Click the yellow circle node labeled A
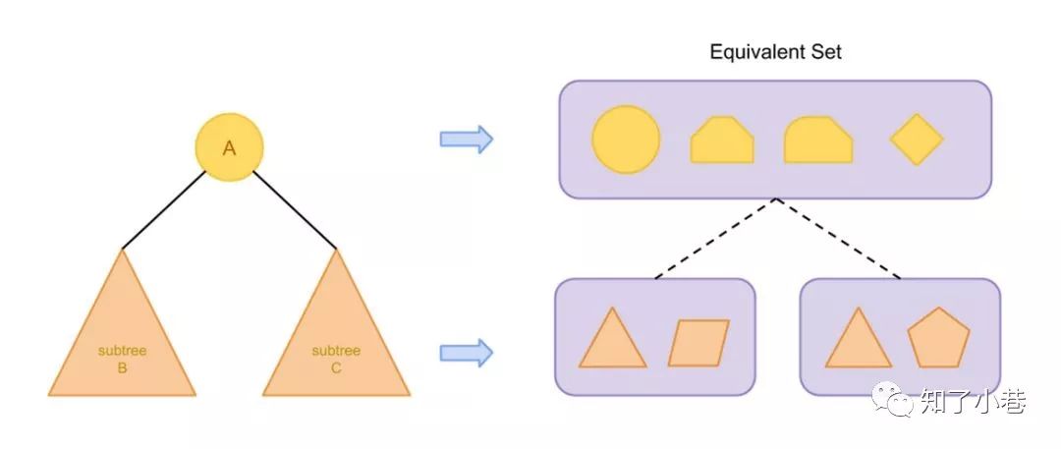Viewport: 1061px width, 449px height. click(229, 148)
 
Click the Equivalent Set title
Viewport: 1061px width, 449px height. click(775, 52)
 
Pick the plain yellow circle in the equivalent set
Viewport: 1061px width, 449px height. click(626, 140)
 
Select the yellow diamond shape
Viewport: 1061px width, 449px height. click(917, 140)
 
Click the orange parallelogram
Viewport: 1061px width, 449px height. click(698, 343)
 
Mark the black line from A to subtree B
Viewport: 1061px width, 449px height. click(165, 209)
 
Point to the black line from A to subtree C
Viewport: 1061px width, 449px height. click(295, 209)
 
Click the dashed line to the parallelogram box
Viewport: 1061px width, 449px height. click(716, 239)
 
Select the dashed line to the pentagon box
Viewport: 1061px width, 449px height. click(838, 239)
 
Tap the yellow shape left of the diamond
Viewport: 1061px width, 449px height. click(817, 140)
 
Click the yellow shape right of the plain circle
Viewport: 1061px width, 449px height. click(722, 140)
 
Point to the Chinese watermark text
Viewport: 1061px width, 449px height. click(972, 400)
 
